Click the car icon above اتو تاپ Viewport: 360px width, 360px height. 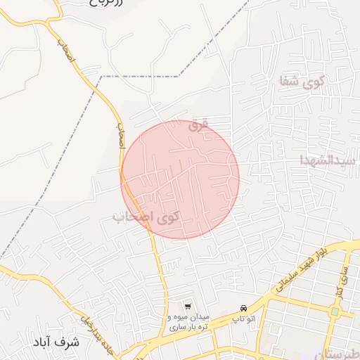click(x=243, y=309)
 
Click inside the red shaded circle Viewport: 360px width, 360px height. click(x=181, y=179)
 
